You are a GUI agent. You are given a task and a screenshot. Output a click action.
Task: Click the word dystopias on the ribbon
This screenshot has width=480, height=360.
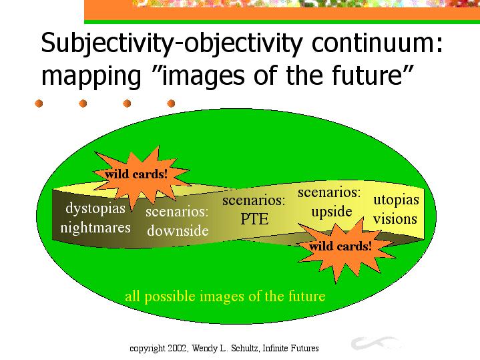pos(95,209)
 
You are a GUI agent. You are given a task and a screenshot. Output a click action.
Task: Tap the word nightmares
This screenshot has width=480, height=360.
pos(95,228)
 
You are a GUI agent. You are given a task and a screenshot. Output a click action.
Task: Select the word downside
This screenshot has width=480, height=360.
pos(178,230)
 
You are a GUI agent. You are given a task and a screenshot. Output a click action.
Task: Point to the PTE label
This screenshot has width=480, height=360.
pos(254,219)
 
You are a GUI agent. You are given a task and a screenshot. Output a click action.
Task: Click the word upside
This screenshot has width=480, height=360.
pos(332,212)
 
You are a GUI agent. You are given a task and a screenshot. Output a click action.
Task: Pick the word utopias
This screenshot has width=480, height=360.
pos(396,200)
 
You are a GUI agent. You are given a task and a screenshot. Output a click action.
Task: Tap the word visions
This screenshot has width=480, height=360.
pos(395,219)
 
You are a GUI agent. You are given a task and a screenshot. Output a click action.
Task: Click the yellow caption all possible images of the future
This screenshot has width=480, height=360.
pos(225,296)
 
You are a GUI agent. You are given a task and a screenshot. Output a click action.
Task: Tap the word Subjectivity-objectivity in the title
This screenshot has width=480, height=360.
pos(172,43)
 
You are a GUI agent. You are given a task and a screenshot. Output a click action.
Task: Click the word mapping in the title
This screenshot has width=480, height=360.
pos(91,76)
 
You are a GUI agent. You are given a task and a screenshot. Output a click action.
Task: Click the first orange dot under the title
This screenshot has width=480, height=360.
pos(39,104)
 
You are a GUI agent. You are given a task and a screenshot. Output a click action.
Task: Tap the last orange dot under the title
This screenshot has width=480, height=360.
pos(171,104)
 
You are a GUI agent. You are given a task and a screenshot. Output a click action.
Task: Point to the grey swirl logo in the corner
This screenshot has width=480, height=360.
pos(376,343)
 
